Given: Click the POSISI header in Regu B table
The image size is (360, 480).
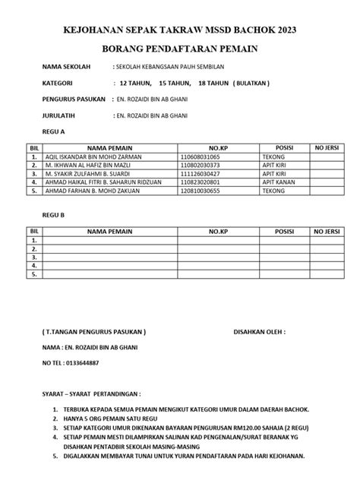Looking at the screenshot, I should point(284,230).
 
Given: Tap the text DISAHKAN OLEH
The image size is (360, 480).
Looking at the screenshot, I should point(259,331).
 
